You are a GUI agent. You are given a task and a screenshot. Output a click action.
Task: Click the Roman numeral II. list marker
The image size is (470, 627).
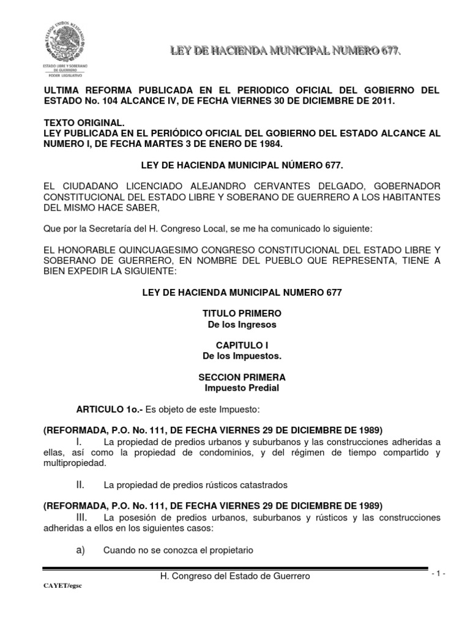click(x=80, y=485)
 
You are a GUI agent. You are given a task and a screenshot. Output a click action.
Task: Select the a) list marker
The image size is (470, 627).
click(x=80, y=549)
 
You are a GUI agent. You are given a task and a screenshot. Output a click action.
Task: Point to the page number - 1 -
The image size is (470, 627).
click(x=439, y=573)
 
